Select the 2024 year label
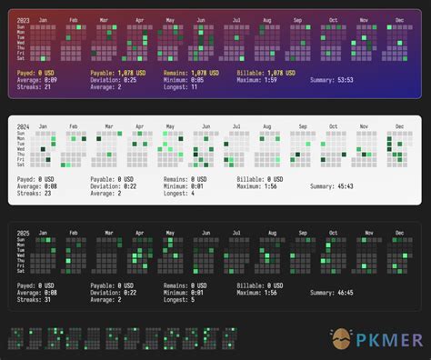pos(23,125)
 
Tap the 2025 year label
pos(23,233)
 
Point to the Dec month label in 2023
pos(397,19)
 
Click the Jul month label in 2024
pos(237,126)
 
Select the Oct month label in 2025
pos(334,234)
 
